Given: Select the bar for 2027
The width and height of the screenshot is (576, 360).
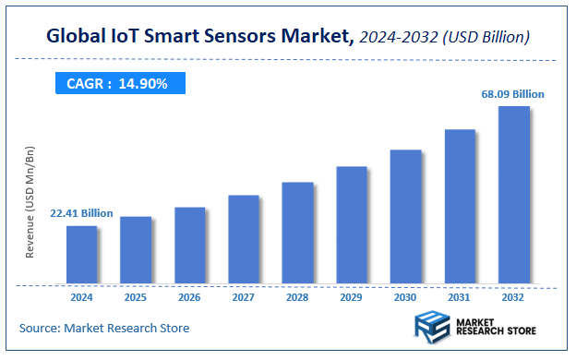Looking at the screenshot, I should click(244, 239).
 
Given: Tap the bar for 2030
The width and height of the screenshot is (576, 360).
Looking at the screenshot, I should click(405, 216).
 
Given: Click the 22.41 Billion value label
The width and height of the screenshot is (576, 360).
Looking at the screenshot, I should click(81, 213).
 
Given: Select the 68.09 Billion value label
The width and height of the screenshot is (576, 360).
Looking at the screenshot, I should click(513, 94).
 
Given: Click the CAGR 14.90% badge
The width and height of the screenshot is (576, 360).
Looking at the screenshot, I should click(117, 84).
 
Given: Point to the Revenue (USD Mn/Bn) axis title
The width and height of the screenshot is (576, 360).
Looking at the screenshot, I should click(30, 201).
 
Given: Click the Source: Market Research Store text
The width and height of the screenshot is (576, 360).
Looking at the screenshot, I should click(104, 328).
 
